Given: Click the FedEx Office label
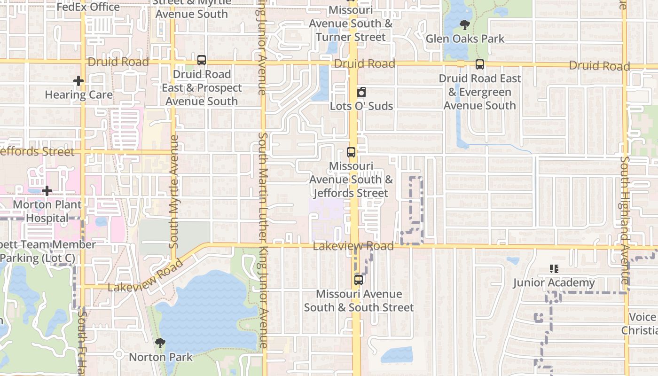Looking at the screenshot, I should [88, 7].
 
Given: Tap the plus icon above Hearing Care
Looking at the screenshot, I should [78, 81].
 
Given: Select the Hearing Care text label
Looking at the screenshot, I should [78, 95].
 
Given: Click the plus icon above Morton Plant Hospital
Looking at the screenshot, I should [47, 191].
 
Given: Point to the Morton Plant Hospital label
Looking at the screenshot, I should [47, 211].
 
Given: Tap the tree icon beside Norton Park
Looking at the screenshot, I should [160, 344].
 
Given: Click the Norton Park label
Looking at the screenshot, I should [161, 357].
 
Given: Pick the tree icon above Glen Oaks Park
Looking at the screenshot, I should [465, 25].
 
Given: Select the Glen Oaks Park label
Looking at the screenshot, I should [465, 39].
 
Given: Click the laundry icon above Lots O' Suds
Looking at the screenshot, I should [361, 92].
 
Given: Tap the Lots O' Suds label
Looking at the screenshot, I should [361, 106].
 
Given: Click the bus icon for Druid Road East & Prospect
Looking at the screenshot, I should [202, 60].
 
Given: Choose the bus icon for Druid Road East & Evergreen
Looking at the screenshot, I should [480, 64].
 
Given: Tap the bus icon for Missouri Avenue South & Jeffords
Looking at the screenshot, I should [351, 152].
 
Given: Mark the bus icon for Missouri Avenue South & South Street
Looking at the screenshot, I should [359, 280].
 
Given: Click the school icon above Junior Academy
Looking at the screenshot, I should [554, 269].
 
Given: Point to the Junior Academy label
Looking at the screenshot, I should [554, 283].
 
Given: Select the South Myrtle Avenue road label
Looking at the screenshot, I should [174, 192].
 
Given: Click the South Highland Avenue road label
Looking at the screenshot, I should [625, 220].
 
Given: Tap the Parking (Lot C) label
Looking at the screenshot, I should [38, 258].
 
